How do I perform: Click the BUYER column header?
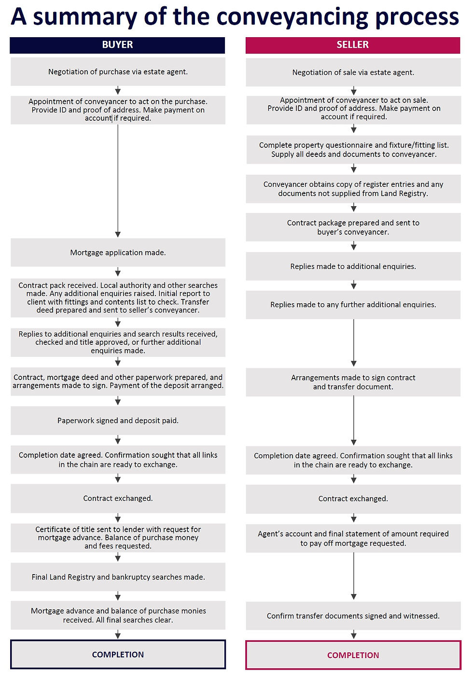[x=117, y=45]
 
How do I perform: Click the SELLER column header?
[x=353, y=45]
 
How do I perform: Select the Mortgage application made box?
[x=118, y=253]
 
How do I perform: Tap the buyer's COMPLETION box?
[x=118, y=654]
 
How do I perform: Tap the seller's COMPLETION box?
[x=353, y=655]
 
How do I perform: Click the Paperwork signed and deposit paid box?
[x=118, y=421]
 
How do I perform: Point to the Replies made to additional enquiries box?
[x=353, y=266]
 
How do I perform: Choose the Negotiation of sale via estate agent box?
[x=353, y=72]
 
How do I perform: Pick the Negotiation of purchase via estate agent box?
[x=118, y=71]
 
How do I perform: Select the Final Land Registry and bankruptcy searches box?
[x=118, y=577]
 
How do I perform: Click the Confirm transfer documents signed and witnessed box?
[x=353, y=616]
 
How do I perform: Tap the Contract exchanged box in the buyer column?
[x=118, y=498]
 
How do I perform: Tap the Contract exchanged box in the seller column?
[x=353, y=499]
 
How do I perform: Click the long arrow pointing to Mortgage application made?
[x=118, y=181]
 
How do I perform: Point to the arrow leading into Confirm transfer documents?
[x=354, y=577]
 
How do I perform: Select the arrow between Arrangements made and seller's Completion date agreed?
[x=354, y=421]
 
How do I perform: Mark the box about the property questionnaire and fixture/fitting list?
[x=354, y=150]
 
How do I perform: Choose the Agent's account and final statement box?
[x=353, y=538]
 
